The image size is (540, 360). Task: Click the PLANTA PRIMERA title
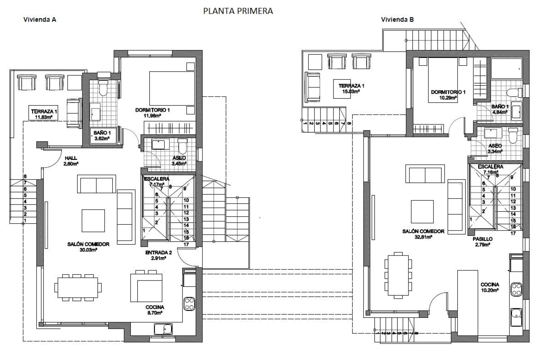click(238, 11)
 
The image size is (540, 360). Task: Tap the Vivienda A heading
click(40, 20)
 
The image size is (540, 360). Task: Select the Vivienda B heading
click(397, 20)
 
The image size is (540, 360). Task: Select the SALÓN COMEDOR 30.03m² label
click(88, 247)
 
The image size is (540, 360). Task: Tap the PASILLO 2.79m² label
click(482, 242)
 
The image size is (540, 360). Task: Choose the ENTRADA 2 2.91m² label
click(158, 255)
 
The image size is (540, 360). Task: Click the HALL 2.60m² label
click(71, 161)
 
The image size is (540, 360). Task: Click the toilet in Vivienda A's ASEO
click(183, 146)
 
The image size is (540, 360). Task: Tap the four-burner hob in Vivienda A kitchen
click(190, 304)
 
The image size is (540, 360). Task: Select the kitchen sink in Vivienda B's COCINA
click(516, 317)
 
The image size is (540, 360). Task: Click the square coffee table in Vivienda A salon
click(93, 220)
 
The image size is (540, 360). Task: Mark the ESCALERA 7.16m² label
click(490, 169)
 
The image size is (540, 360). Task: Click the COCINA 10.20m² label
click(490, 287)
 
